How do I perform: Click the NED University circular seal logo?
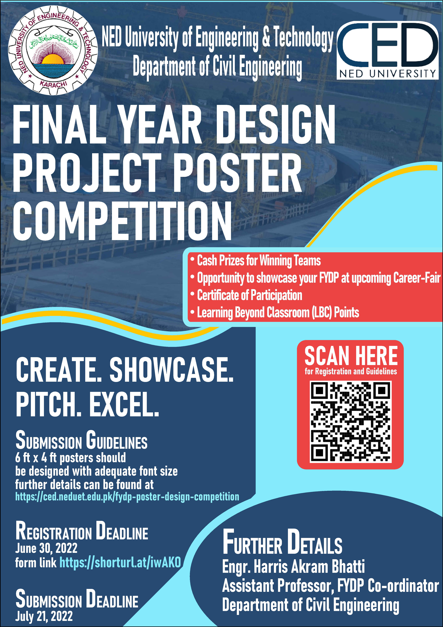53,50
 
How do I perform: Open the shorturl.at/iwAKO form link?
120,562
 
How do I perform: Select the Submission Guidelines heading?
81,441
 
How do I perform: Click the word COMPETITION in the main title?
122,221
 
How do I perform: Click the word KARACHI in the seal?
53,84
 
